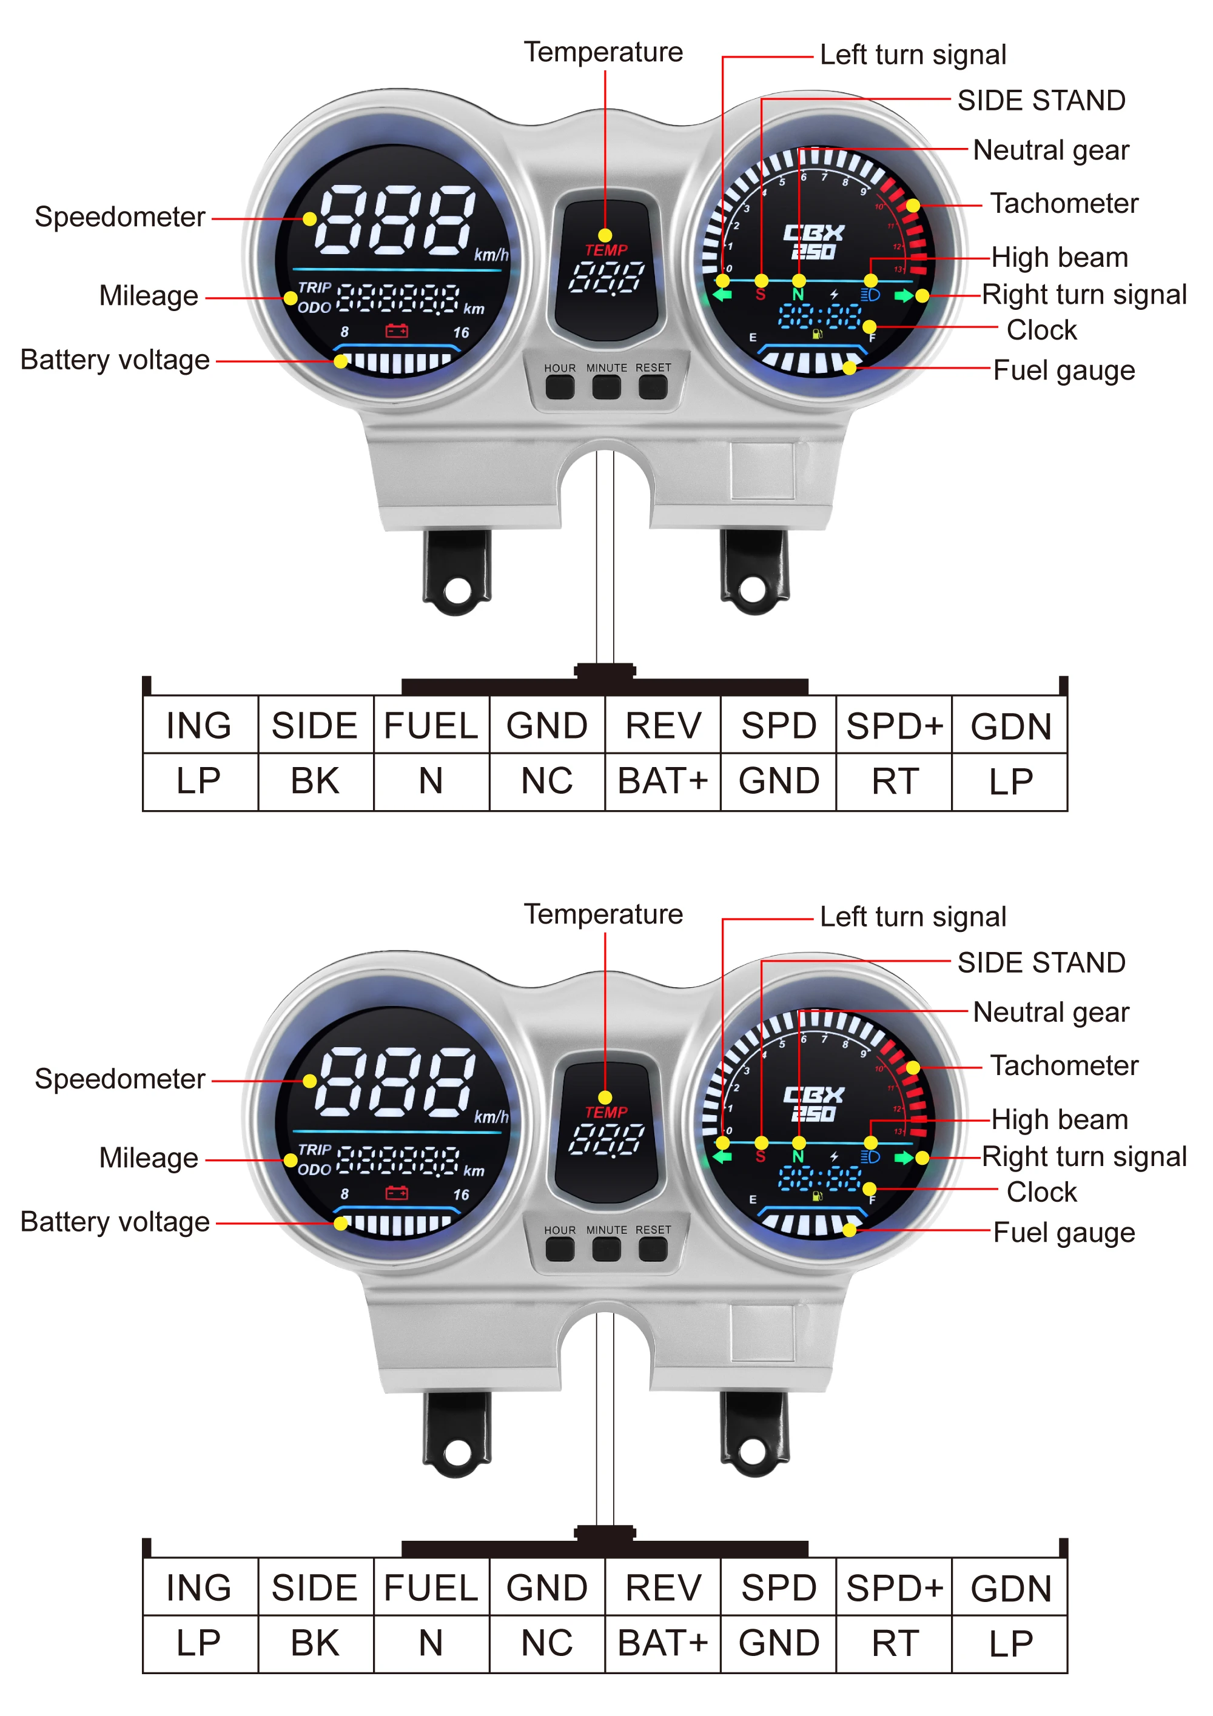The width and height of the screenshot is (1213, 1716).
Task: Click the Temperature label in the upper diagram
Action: pos(603,52)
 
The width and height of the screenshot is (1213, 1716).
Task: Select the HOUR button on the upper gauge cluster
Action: pos(560,386)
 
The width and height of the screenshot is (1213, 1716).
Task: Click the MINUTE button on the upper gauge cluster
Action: pos(606,386)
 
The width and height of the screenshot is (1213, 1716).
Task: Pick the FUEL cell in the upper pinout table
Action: pos(431,725)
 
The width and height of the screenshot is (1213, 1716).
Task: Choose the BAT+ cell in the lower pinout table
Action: pos(663,1643)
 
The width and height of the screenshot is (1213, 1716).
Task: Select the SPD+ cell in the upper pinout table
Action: pos(895,725)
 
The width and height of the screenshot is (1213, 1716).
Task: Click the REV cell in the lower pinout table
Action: pos(663,1587)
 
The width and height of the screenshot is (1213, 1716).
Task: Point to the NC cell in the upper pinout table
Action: pos(547,782)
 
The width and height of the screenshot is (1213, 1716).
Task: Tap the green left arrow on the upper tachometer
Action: pos(722,295)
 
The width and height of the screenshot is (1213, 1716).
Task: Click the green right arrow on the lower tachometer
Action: pos(904,1158)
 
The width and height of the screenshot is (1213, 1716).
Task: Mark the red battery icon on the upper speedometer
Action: pos(397,330)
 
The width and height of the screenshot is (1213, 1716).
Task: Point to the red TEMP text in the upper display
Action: pos(606,250)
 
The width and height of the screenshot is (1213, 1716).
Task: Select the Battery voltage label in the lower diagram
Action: pos(115,1222)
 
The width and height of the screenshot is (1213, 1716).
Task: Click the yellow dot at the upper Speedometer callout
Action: pos(309,220)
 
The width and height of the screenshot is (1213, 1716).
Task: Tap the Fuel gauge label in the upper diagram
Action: pos(1064,370)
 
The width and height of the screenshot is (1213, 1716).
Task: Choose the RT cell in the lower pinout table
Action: pos(895,1643)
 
